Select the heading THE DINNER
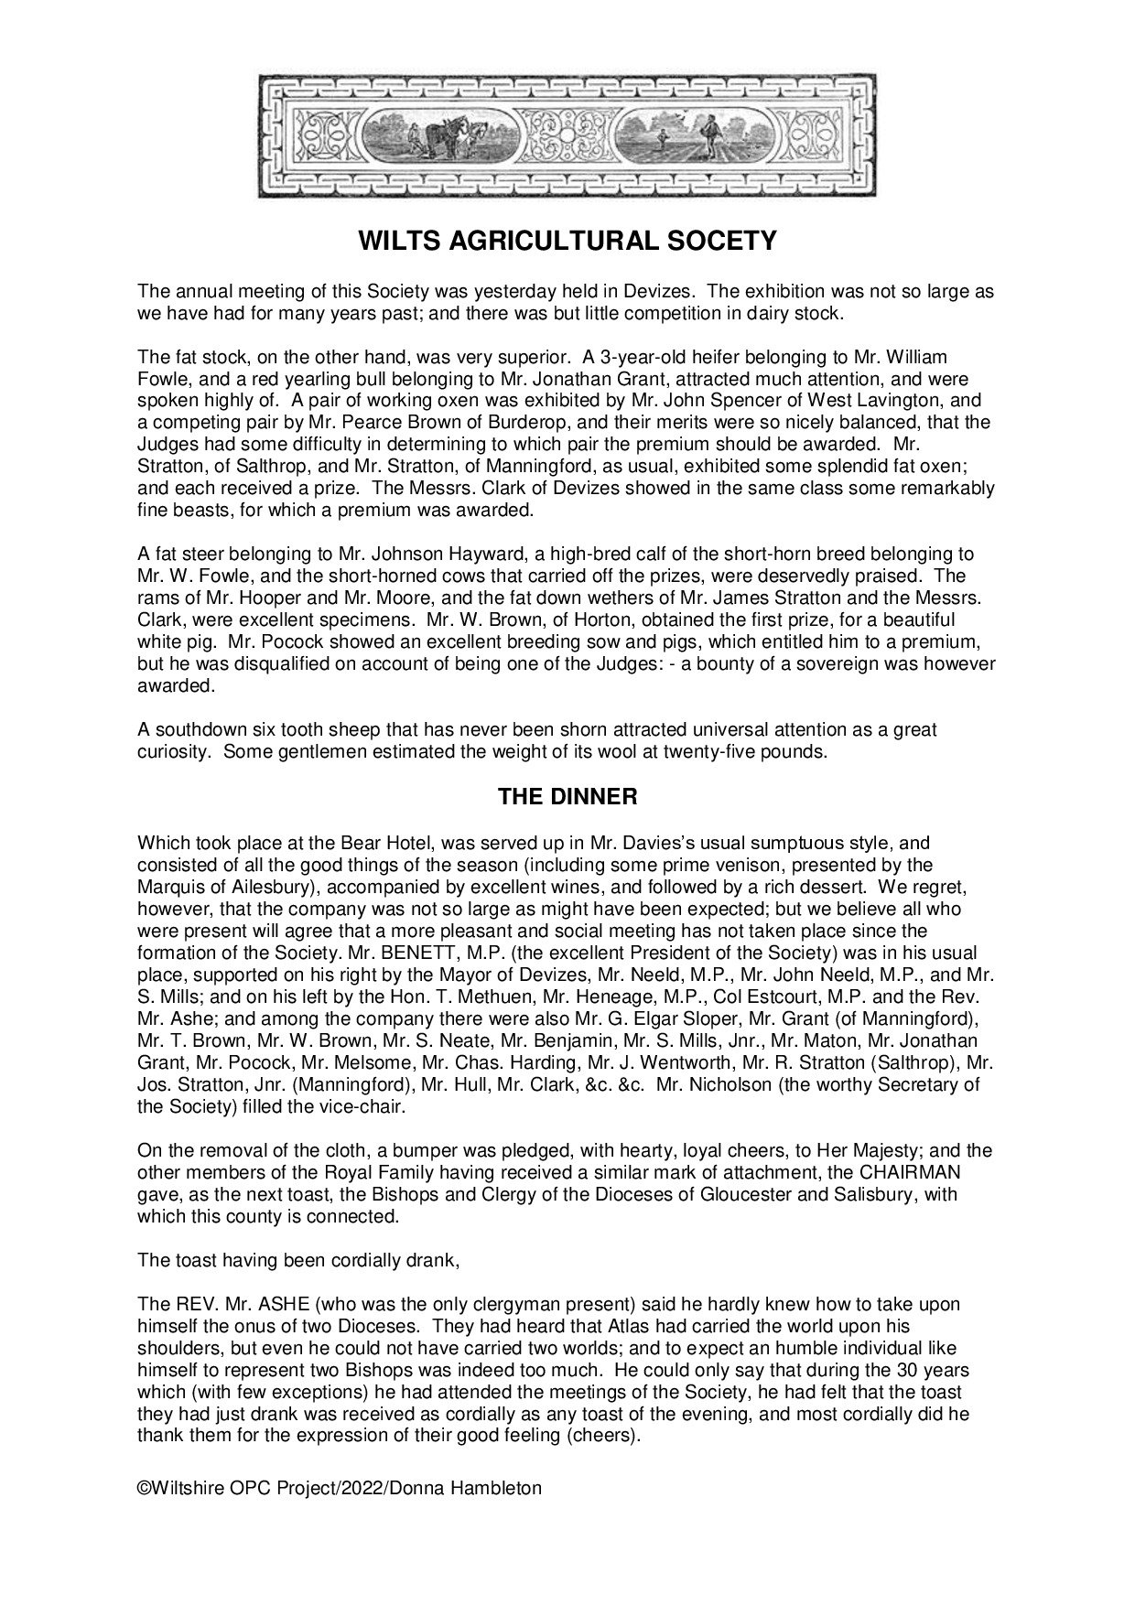(567, 796)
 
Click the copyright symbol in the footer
(144, 1488)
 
